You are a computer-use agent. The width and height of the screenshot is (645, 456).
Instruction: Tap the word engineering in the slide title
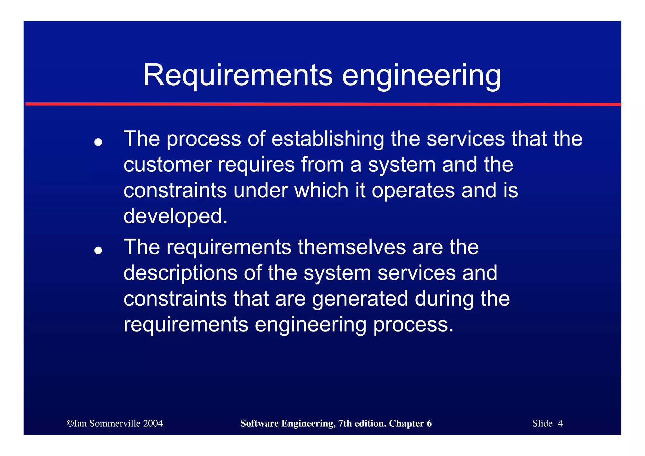pos(421,76)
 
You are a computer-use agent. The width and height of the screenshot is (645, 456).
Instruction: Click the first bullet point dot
pos(98,142)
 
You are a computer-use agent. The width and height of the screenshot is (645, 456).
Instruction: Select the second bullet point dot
pos(98,250)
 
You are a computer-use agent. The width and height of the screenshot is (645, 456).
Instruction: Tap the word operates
pos(413,191)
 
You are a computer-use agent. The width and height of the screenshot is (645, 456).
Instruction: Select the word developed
pos(175,216)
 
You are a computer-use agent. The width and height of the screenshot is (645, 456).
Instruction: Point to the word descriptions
pos(180,273)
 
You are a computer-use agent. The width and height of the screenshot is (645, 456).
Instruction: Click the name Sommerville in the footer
pos(115,423)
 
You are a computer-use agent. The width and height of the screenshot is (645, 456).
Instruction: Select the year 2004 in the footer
pos(153,423)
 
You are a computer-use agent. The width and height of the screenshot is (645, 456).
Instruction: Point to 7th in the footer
pos(345,423)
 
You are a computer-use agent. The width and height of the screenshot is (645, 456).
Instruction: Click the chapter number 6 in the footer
pos(429,423)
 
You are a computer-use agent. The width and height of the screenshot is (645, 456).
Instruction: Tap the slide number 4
pos(560,423)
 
